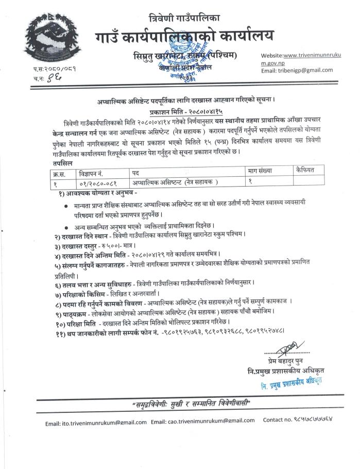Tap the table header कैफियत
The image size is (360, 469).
coord(307,169)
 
